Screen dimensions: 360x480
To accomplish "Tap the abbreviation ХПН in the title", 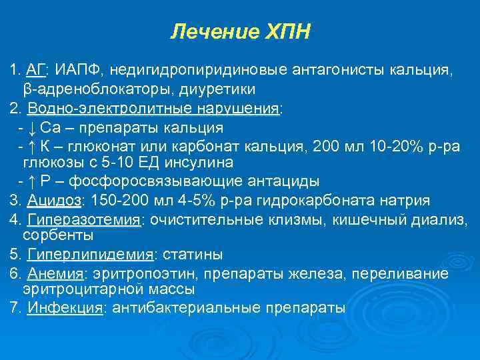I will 286,32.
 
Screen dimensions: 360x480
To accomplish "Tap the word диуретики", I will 205,89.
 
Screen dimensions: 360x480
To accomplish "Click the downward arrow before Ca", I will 33,127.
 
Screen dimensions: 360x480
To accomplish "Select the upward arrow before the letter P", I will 33,181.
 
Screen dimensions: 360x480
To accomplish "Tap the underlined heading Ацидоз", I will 54,200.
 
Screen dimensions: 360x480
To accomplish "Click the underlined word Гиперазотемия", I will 84,220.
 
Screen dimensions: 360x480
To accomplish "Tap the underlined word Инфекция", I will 65,308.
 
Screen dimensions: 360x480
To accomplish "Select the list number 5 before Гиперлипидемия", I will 14,255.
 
